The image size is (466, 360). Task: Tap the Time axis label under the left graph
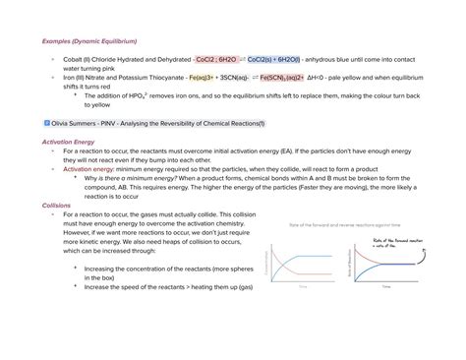point(303,286)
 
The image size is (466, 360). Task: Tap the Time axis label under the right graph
point(385,286)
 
